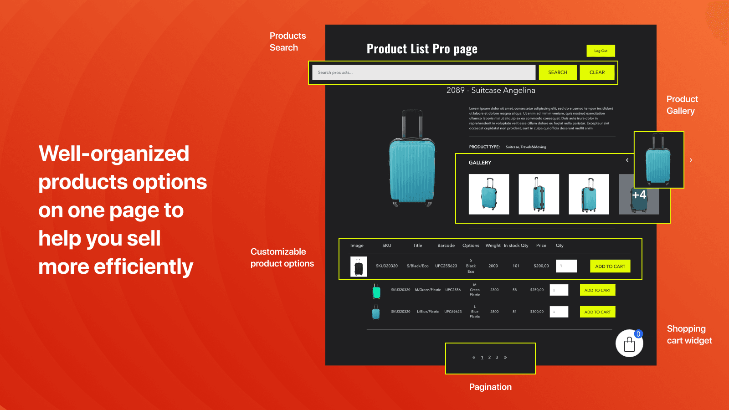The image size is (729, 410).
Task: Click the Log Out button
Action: point(601,51)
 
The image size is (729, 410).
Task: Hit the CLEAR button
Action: point(597,72)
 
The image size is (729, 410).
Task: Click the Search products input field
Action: point(424,72)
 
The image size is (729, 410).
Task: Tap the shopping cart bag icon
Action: point(629,344)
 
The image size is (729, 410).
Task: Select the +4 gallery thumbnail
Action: point(639,195)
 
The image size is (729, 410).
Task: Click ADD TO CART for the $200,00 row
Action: point(610,266)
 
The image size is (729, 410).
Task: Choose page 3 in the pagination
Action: point(497,358)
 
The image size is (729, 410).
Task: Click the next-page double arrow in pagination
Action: point(505,358)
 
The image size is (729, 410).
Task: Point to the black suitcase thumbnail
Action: point(359,266)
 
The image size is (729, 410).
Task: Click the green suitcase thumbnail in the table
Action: point(376,291)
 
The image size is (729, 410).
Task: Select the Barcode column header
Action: point(446,246)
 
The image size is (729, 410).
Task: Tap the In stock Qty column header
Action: point(516,246)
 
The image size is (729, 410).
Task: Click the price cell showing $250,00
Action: point(537,290)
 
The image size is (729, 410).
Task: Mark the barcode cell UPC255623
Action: point(446,266)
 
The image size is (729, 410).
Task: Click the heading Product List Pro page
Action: point(422,49)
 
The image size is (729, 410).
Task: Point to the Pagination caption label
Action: point(490,387)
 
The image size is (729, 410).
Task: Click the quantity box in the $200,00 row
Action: point(566,266)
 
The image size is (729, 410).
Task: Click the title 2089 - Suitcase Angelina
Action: point(491,90)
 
